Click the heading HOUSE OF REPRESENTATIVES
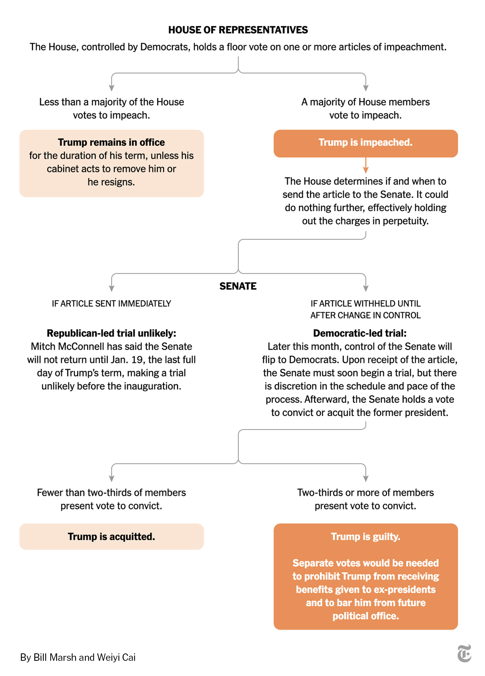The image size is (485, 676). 238,30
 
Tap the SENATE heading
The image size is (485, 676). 238,286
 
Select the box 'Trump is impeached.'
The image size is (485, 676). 366,143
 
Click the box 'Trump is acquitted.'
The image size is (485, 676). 112,536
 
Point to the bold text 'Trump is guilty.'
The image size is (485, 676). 366,537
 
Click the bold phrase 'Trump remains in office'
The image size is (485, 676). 112,142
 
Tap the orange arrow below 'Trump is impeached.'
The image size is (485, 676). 366,165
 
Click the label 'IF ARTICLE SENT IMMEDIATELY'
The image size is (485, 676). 112,304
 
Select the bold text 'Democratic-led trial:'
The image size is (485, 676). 360,333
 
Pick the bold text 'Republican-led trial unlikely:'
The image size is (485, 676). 112,333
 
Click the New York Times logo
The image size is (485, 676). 464,653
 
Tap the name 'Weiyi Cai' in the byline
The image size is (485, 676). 116,657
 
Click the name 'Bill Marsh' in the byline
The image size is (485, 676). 55,657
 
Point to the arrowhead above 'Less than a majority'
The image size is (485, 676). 112,88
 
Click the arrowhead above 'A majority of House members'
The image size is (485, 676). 366,88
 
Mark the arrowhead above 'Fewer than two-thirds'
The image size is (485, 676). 112,479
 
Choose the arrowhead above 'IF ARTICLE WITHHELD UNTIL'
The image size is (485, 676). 366,288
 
